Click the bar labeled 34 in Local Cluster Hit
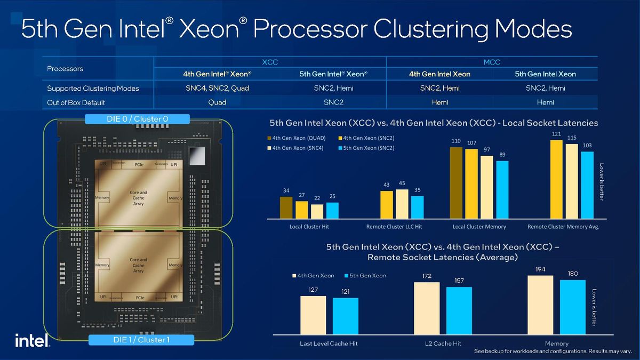[x=286, y=208]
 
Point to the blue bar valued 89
[x=502, y=190]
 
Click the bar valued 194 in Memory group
[x=540, y=305]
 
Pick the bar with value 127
[x=313, y=315]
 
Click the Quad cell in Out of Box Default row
[x=217, y=102]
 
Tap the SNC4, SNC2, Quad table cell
[x=217, y=88]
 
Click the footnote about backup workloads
[x=551, y=352]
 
